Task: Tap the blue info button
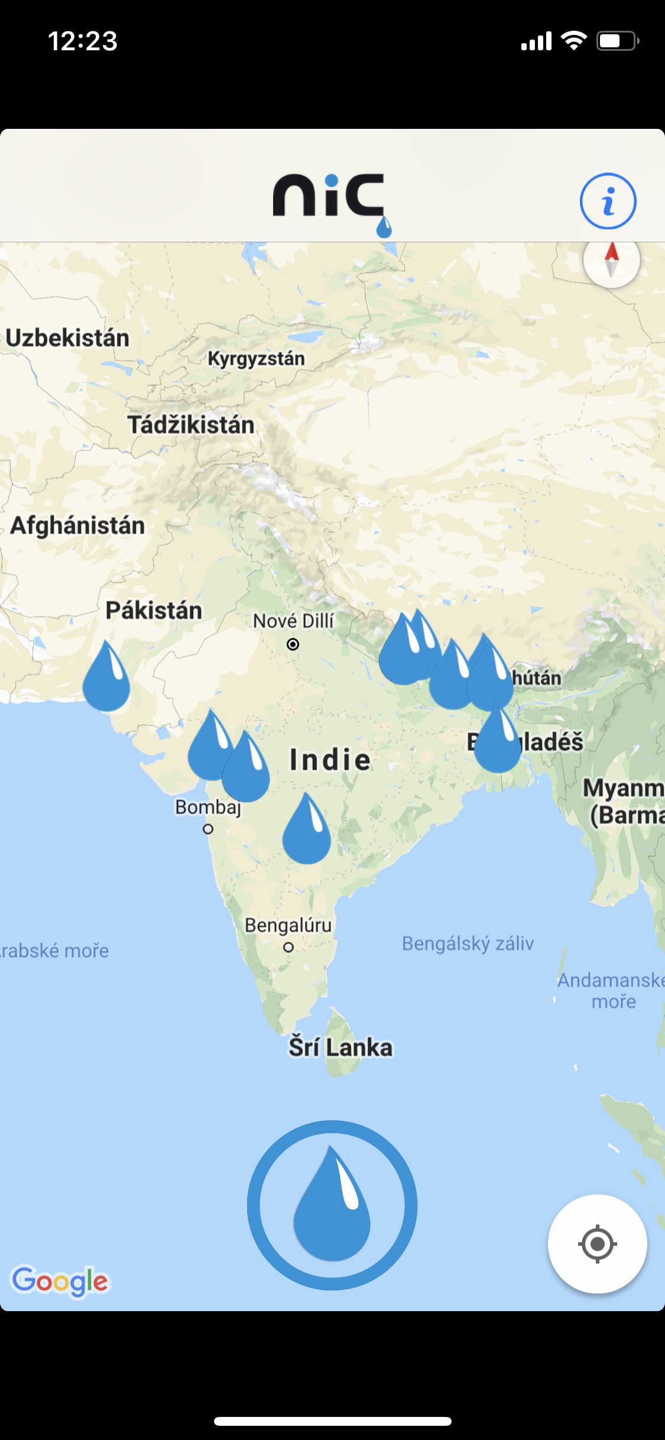click(608, 201)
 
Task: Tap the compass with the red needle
click(611, 260)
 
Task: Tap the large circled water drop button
click(332, 1205)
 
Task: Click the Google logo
click(60, 1280)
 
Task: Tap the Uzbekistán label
click(67, 338)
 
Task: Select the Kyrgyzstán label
click(256, 359)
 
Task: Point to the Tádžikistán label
click(191, 425)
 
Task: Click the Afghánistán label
click(77, 526)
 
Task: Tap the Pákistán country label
click(154, 611)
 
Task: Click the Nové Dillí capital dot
click(293, 644)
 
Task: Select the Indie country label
click(330, 760)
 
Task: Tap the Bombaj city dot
click(208, 829)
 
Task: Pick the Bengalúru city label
click(288, 925)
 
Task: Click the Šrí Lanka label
click(340, 1047)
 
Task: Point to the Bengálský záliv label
click(468, 943)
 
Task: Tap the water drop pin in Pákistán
click(106, 680)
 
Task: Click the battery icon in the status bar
click(617, 41)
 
